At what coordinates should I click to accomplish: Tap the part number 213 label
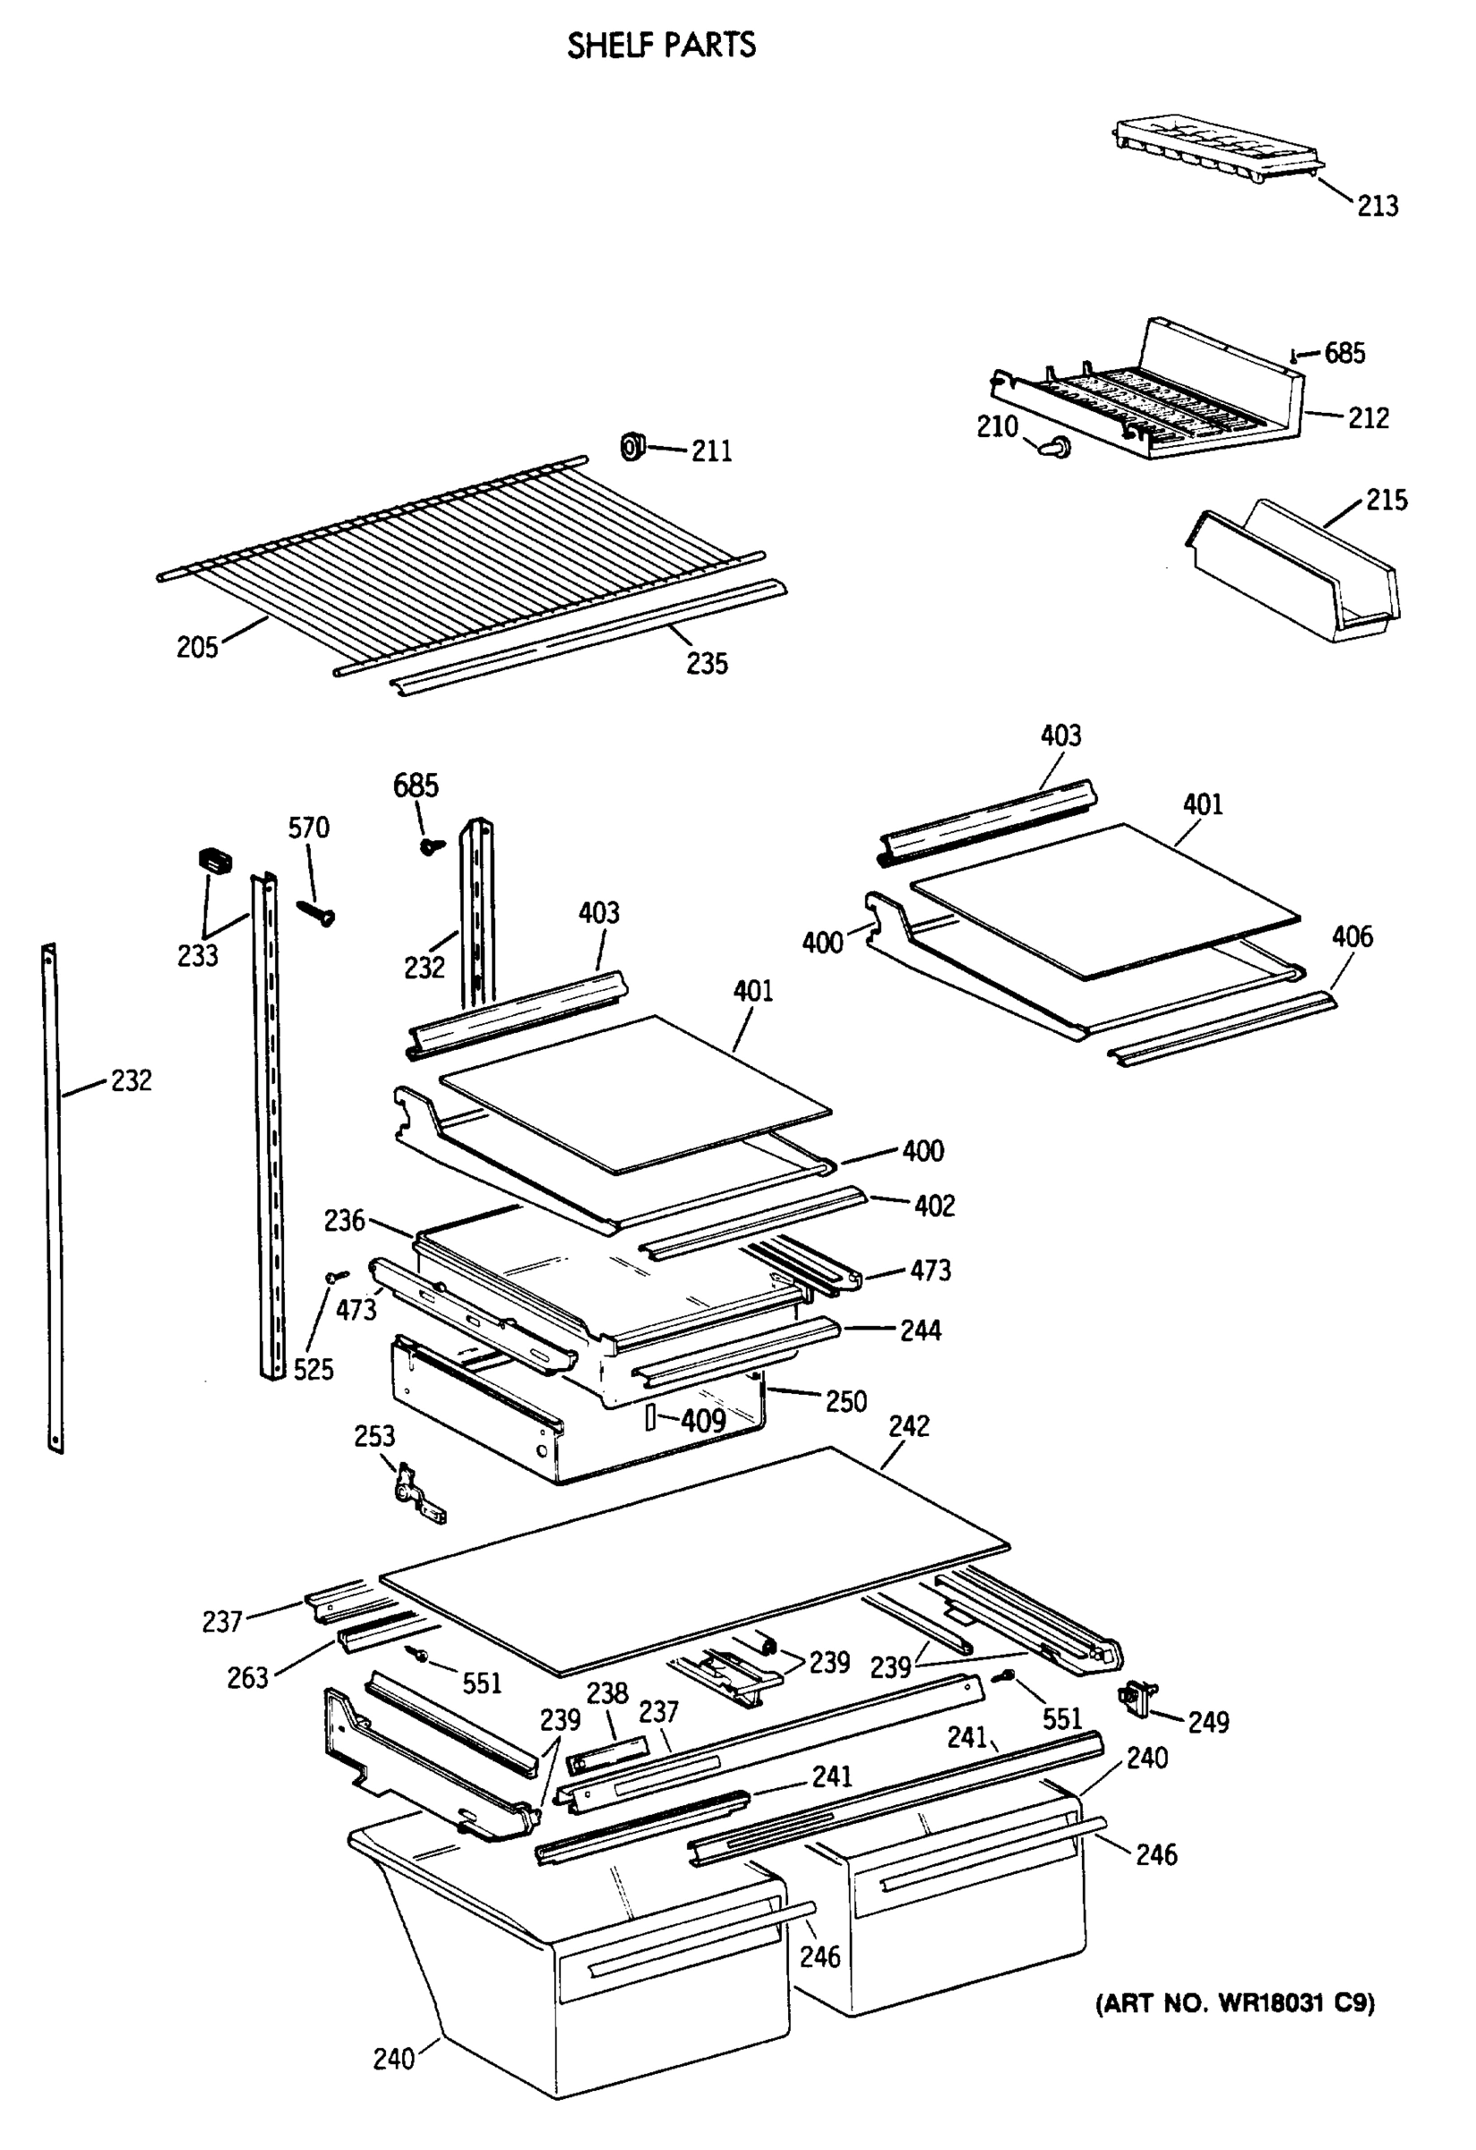point(1377,205)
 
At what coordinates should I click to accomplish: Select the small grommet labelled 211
point(631,447)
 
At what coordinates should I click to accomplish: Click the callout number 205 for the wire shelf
point(197,647)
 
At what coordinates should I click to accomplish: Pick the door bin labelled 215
point(1295,573)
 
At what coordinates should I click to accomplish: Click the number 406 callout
point(1352,936)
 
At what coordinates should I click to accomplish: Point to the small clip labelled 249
point(1137,1698)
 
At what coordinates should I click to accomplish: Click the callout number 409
point(703,1420)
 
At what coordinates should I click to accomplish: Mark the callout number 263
point(247,1677)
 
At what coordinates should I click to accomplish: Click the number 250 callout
point(845,1402)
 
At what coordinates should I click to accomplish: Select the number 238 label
point(606,1693)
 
